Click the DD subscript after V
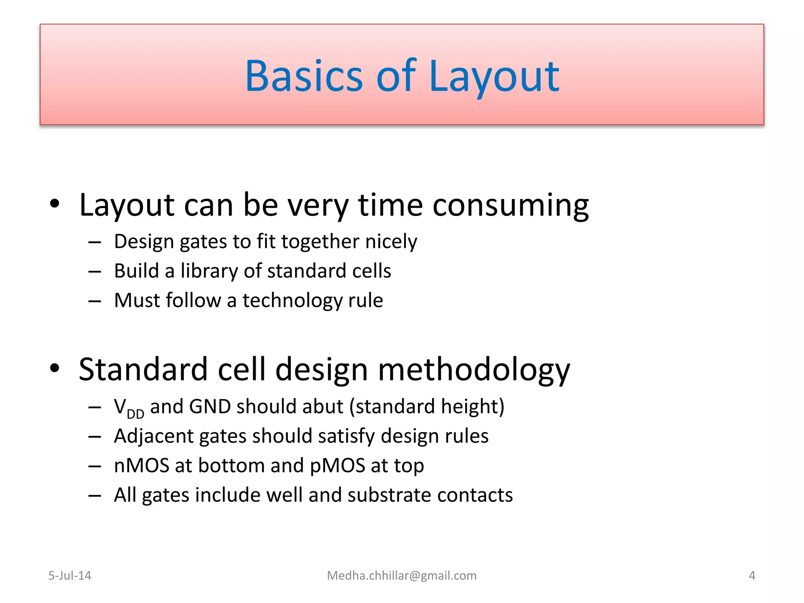pos(135,414)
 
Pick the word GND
pos(210,406)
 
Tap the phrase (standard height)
pos(427,407)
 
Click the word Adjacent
pos(153,436)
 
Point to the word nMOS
pos(141,466)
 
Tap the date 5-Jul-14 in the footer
pos(69,576)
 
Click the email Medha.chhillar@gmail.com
pos(402,576)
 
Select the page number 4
pos(752,576)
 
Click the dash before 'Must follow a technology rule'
pos(95,301)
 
